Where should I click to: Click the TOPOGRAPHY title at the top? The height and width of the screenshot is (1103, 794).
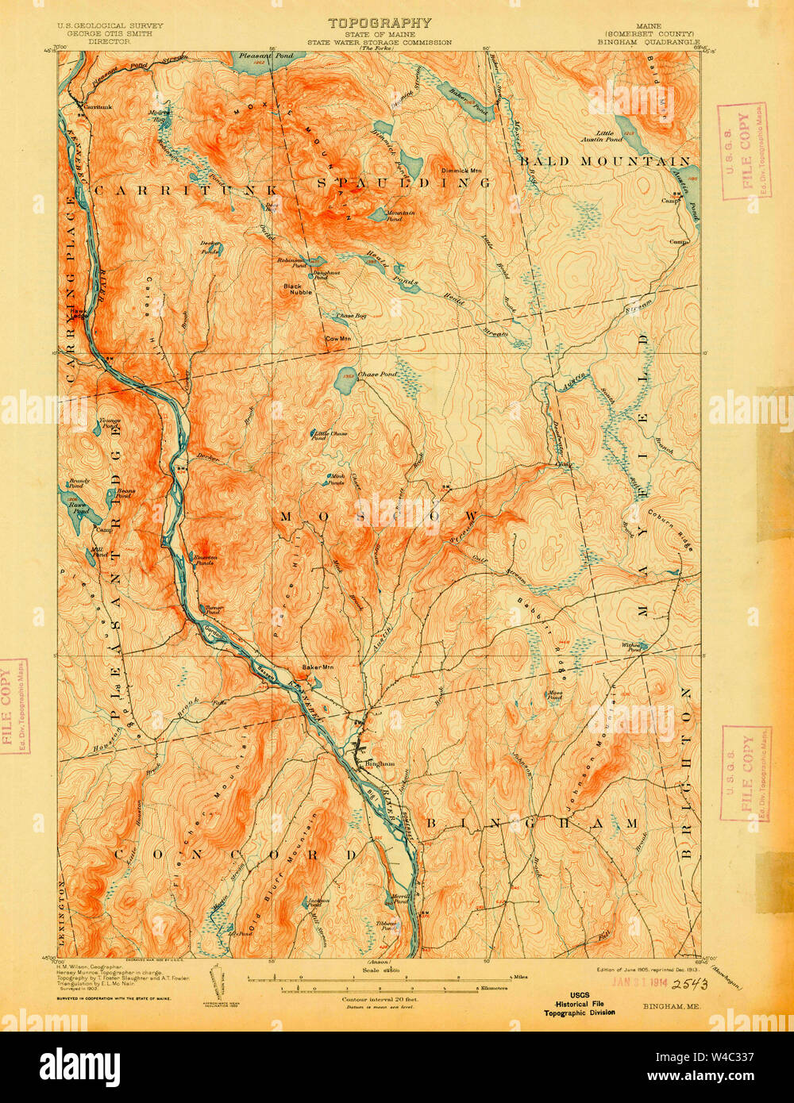click(x=380, y=23)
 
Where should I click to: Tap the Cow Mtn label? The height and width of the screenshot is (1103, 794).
click(x=338, y=339)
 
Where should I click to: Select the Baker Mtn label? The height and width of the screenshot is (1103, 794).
click(x=317, y=667)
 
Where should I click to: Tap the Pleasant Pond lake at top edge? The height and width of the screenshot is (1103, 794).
click(x=257, y=58)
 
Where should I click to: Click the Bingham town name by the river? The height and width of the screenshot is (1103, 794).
click(x=379, y=764)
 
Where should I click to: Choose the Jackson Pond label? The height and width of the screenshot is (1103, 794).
click(x=318, y=902)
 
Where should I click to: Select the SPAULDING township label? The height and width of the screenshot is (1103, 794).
click(x=403, y=183)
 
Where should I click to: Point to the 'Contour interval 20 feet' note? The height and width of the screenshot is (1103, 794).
click(x=380, y=1000)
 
